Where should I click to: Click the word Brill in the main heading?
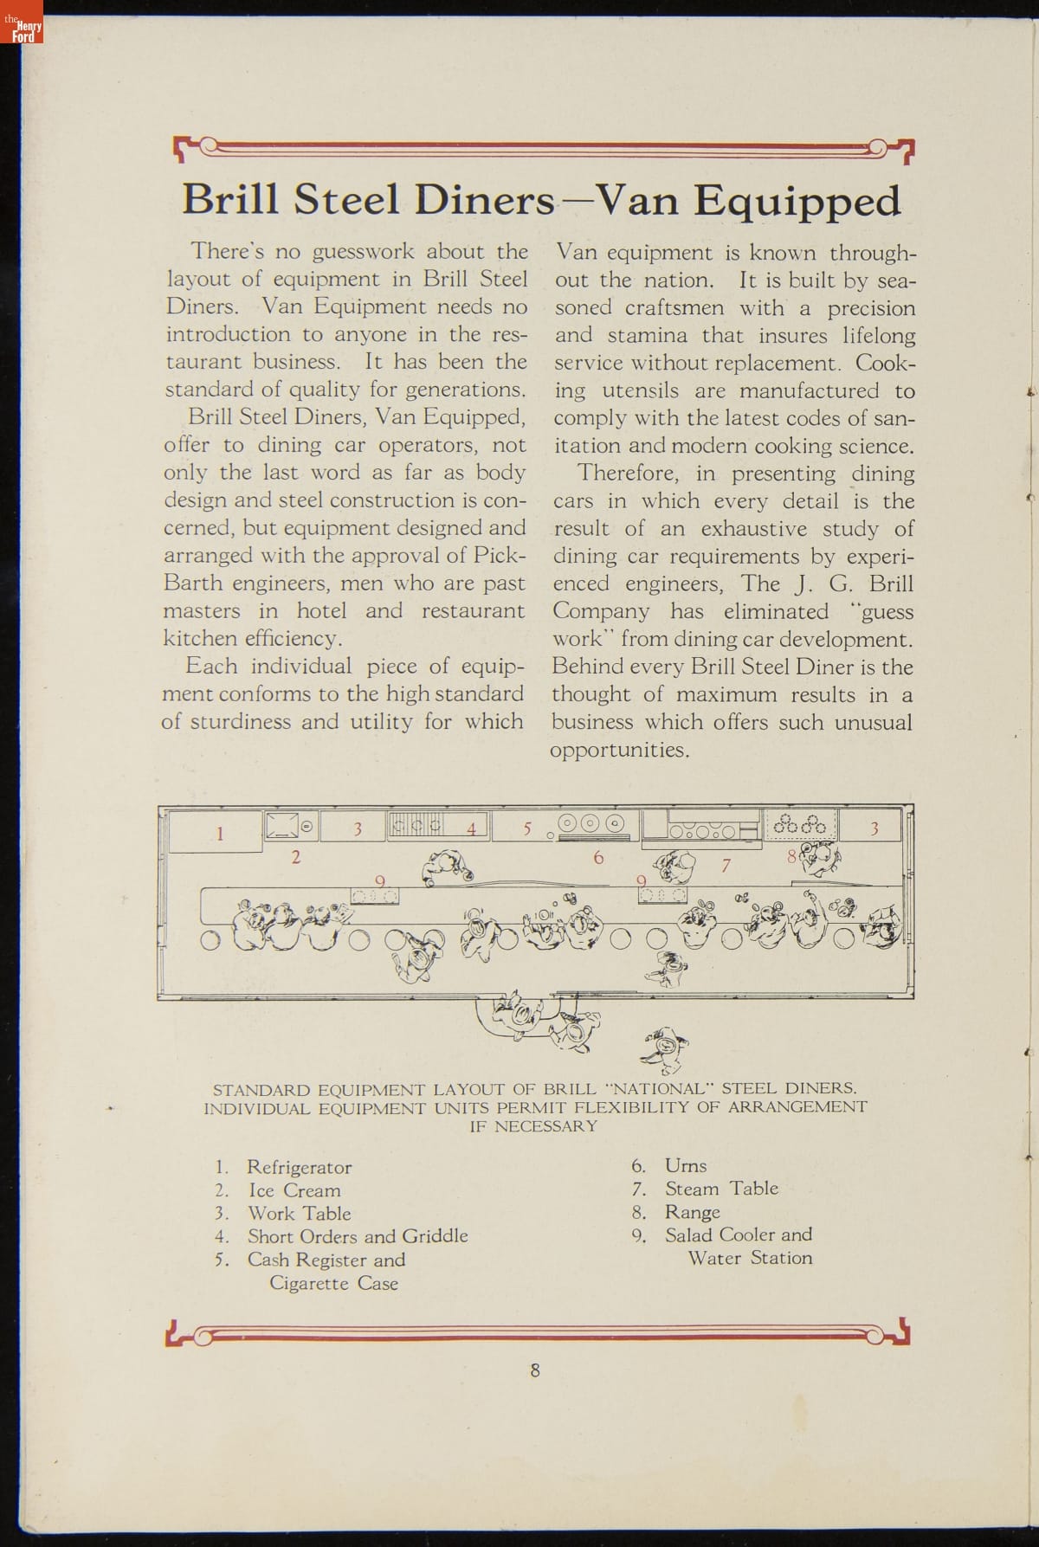click(229, 201)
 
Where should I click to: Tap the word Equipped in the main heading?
click(797, 203)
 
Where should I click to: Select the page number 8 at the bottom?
click(535, 1370)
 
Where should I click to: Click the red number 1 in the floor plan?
click(220, 834)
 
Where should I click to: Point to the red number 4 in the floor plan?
click(471, 828)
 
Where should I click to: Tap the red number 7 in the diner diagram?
click(726, 864)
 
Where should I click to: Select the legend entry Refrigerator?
click(299, 1167)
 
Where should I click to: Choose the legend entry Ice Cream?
click(294, 1190)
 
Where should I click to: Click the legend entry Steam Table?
click(721, 1189)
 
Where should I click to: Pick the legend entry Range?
click(692, 1212)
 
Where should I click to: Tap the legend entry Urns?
click(686, 1165)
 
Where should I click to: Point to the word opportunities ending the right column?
click(619, 751)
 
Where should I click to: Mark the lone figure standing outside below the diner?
click(666, 1048)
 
